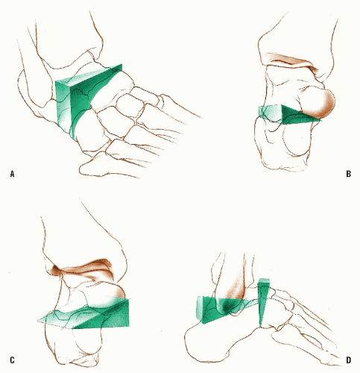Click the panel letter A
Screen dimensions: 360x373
pos(12,174)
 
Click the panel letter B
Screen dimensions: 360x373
pos(348,174)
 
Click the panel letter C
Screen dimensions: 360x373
pos(12,360)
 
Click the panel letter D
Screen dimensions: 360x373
pos(348,360)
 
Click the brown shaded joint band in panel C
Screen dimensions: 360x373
pos(82,270)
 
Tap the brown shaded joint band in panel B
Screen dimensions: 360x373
pos(291,62)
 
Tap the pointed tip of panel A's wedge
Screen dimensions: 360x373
pos(121,64)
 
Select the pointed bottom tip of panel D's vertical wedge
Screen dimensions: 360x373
pos(260,327)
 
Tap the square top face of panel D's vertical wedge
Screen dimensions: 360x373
pos(264,281)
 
